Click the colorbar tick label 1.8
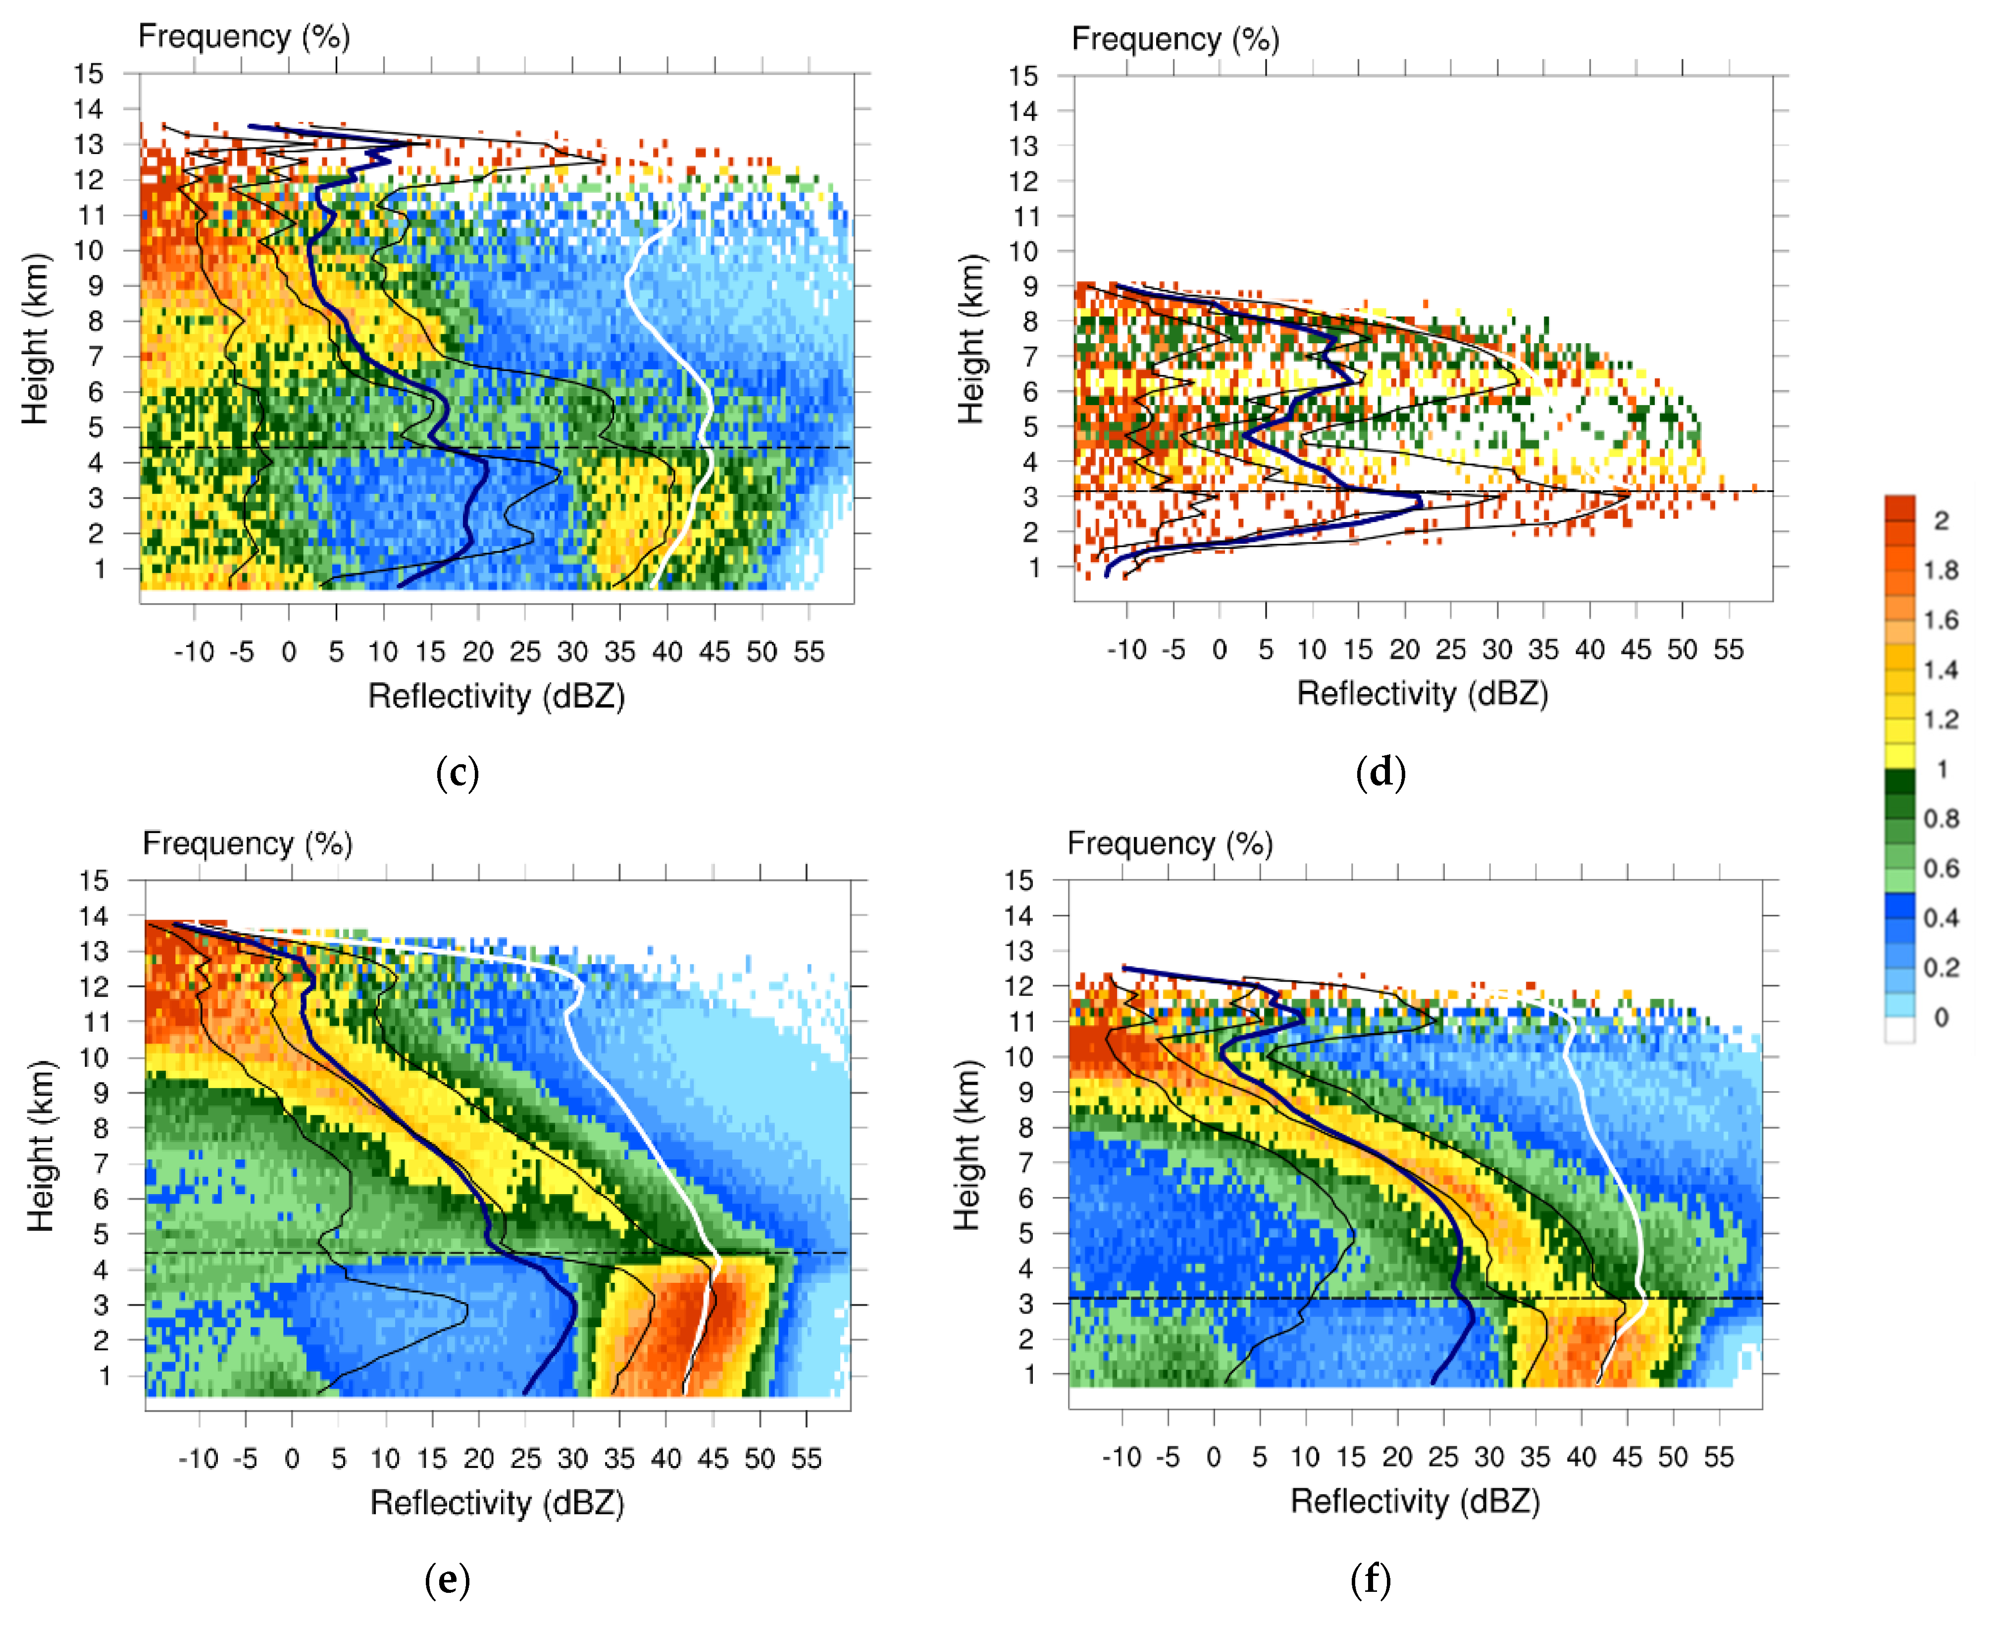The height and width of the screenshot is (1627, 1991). click(x=1940, y=570)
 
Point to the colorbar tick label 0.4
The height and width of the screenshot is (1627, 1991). click(x=1940, y=918)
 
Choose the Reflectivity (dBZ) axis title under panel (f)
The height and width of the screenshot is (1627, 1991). click(x=1415, y=1501)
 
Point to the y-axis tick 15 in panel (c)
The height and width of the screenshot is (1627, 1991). click(x=89, y=74)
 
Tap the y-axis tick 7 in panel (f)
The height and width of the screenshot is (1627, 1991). click(x=1027, y=1163)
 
